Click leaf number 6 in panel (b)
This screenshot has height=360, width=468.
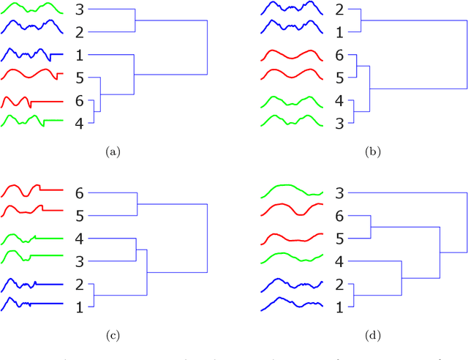point(339,56)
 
